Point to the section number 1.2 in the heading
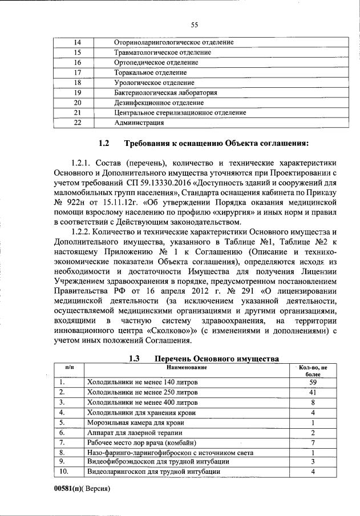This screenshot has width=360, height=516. [104, 143]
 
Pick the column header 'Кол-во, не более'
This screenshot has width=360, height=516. [313, 371]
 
